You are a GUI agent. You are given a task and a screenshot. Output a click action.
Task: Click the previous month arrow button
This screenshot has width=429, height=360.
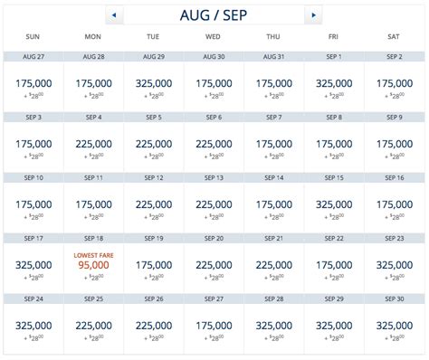[115, 15]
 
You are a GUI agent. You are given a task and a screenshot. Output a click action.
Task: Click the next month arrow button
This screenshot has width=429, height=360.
[313, 15]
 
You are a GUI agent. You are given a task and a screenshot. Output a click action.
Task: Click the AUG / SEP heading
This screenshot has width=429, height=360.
[214, 15]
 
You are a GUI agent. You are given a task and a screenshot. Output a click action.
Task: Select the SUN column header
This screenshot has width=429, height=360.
[33, 37]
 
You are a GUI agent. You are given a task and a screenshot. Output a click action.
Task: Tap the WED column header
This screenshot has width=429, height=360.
[214, 37]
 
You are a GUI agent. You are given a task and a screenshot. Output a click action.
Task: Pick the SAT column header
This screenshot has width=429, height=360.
[395, 37]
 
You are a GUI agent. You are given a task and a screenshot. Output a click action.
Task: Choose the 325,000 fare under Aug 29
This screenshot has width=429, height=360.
[153, 82]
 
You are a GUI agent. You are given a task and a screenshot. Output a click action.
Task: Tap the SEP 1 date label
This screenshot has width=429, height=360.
[334, 57]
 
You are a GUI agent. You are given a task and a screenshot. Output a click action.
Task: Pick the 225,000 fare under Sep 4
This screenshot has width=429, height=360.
[92, 143]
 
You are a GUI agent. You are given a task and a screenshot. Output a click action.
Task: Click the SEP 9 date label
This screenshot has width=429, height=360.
[395, 118]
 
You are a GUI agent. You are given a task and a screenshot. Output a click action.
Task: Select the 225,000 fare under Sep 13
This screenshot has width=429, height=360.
[214, 204]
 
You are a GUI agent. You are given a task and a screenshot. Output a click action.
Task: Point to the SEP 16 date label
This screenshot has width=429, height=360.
[395, 178]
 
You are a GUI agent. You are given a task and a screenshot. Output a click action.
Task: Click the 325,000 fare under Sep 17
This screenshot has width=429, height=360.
[33, 265]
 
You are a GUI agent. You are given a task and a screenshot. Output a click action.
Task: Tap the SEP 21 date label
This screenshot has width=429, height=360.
[273, 239]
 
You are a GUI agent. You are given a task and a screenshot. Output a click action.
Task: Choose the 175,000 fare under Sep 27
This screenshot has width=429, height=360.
[214, 326]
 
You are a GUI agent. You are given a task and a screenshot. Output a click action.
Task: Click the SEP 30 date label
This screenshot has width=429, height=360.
[395, 299]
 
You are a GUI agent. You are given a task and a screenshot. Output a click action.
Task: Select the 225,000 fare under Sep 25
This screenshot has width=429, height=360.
[92, 326]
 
